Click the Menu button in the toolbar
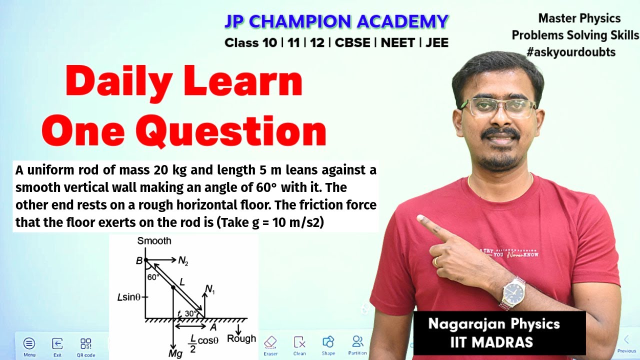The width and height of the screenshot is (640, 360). coord(29,343)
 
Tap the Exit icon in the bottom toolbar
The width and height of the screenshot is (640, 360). coord(57,343)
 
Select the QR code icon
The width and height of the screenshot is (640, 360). coord(86,343)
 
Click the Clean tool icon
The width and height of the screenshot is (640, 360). coord(299,342)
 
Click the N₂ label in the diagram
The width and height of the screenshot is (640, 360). coord(183,260)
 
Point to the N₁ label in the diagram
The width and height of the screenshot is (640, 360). coord(210,289)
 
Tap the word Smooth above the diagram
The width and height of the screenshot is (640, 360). coord(154,241)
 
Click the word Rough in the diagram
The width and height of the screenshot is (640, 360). coord(241,338)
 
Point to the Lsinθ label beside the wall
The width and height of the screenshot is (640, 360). coord(129,297)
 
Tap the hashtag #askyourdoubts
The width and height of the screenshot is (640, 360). coord(571,52)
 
